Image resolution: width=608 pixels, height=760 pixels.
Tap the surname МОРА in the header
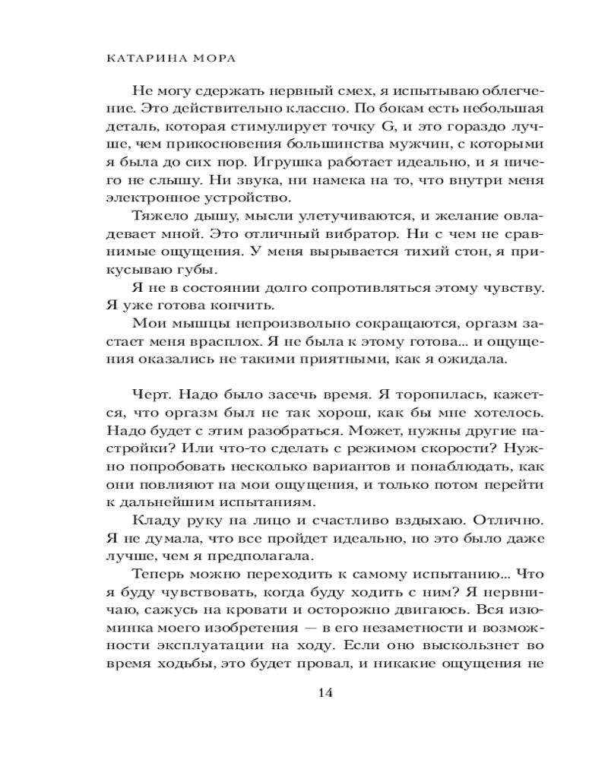pos(202,59)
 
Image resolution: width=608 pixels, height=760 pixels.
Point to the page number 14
pos(323,693)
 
